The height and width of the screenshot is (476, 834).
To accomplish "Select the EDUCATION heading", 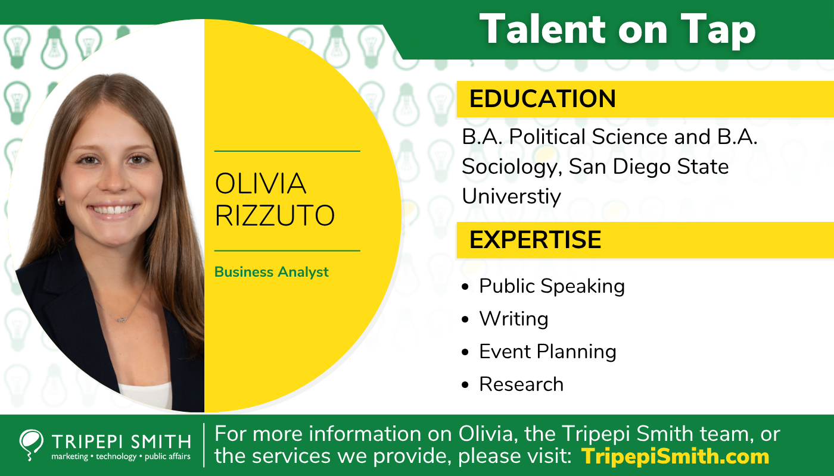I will click(x=542, y=99).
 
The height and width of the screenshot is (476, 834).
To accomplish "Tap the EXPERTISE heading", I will click(x=535, y=240).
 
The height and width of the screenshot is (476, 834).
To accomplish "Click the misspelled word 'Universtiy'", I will click(x=511, y=196).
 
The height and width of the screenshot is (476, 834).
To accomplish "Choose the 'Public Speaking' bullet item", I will click(x=552, y=286).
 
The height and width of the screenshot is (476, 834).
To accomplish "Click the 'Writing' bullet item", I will click(x=514, y=319).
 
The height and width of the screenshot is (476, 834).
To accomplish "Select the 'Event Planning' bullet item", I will click(x=547, y=352).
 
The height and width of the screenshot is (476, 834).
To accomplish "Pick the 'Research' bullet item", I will click(x=521, y=384).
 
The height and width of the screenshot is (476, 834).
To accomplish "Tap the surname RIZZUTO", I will click(x=275, y=215).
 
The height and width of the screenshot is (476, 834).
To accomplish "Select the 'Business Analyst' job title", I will click(x=272, y=272).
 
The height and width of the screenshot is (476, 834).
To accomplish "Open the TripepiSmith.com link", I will click(x=675, y=456).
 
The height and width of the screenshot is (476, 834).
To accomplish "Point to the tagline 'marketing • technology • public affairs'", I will click(x=121, y=457).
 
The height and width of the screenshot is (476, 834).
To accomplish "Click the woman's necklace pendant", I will click(x=122, y=320).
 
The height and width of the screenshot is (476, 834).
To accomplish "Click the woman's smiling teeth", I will click(x=113, y=209).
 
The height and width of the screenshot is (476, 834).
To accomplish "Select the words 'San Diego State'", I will click(x=649, y=167).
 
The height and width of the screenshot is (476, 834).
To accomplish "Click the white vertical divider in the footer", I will click(x=204, y=445).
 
